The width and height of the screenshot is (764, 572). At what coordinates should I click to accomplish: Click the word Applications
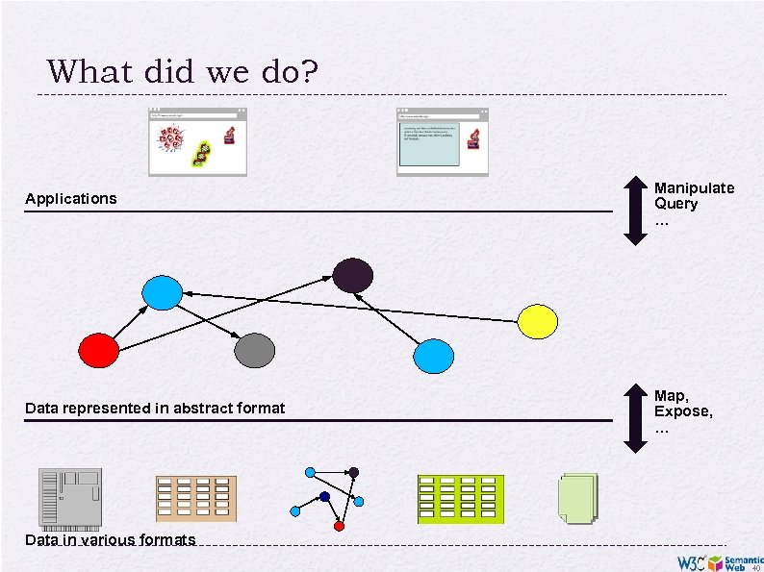pos(70,199)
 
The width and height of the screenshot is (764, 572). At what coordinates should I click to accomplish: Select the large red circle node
pos(98,350)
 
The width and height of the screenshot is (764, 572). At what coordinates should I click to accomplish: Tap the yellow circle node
pos(538,321)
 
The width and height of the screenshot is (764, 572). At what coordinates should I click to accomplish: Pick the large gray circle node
pos(255,350)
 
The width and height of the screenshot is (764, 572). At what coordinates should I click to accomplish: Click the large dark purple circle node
pos(353,275)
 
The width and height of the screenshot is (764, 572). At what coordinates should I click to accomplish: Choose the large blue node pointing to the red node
pos(161,292)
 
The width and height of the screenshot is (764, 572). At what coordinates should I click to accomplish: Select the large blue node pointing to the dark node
pos(433,356)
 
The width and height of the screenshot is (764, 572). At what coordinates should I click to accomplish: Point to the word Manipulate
pos(694,188)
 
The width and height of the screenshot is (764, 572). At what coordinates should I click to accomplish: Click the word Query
pos(676,204)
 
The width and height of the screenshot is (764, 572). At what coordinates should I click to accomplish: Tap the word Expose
pos(683,411)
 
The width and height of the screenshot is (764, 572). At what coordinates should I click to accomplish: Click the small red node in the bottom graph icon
pos(339,526)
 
